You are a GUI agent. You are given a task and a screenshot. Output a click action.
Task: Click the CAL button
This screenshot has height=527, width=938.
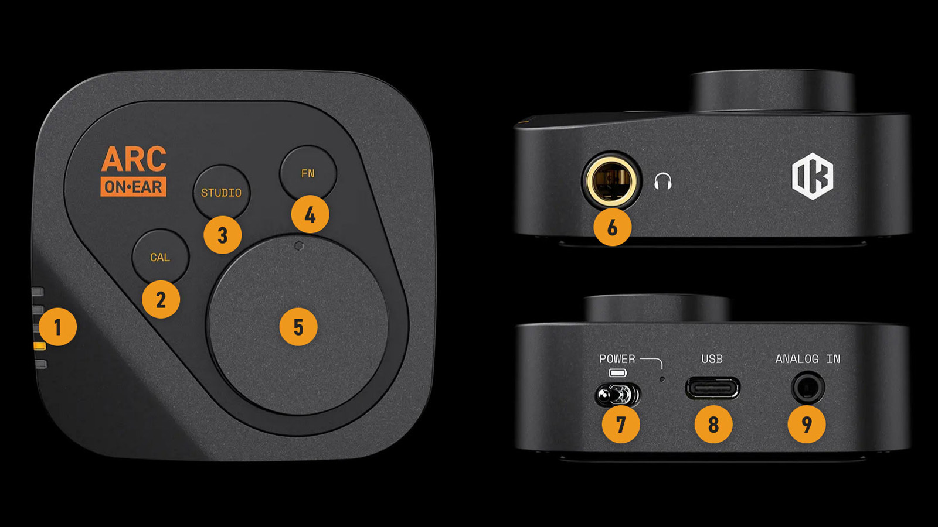point(161,256)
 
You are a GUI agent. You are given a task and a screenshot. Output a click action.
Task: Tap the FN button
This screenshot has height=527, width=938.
point(308,173)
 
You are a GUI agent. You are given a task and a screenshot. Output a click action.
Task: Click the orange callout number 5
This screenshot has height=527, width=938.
point(298,327)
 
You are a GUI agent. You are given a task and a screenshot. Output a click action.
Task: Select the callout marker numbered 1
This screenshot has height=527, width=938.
point(58,327)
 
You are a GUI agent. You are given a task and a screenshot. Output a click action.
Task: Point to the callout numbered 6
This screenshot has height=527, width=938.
point(612,227)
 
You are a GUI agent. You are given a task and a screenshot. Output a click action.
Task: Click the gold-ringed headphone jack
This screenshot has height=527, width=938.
point(611,180)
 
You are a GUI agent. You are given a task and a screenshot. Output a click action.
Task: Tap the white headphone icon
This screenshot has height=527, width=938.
point(663,182)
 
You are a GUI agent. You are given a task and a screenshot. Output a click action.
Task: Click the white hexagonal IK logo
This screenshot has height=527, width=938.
point(813,176)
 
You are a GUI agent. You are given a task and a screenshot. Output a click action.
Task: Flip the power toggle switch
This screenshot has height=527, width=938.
point(617,395)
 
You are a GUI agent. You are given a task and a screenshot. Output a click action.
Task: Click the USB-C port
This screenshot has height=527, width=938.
point(712,388)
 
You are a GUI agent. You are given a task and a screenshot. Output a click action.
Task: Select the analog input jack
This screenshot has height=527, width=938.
point(808,388)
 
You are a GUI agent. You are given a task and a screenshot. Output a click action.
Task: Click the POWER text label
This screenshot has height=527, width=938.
point(617,359)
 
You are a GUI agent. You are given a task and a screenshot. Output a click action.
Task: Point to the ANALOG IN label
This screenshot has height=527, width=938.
point(808,359)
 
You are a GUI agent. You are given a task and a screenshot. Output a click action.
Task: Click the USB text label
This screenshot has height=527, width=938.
point(712,359)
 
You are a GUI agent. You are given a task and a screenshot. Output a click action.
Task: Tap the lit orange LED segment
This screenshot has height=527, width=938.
point(39,345)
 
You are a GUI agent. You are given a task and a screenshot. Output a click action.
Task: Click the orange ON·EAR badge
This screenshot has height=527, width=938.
point(133,187)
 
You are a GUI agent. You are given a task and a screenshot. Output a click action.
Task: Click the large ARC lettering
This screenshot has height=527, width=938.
point(134,159)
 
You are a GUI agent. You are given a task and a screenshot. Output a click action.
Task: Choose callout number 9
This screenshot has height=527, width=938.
point(807,424)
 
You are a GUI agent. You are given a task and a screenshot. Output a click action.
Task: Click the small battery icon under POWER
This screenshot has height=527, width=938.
point(618,372)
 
